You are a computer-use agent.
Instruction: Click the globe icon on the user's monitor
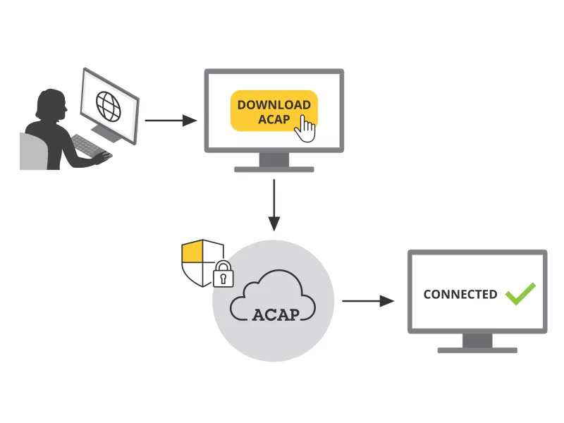(x=109, y=106)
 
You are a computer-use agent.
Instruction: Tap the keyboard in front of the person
(x=87, y=146)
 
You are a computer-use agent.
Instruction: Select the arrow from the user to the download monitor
(x=170, y=121)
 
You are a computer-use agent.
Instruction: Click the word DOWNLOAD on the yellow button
(x=274, y=105)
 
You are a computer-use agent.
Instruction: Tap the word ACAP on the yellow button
(x=274, y=119)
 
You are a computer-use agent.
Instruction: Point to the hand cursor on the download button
(x=305, y=129)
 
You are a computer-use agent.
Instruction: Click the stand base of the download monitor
(x=274, y=169)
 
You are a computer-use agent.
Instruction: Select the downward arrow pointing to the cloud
(x=274, y=204)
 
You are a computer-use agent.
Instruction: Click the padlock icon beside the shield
(x=223, y=275)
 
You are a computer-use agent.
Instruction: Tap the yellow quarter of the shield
(x=192, y=252)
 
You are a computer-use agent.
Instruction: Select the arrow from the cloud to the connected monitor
(x=367, y=301)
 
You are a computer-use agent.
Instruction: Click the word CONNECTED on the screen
(x=460, y=295)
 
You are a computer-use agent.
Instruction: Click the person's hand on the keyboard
(x=102, y=157)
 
